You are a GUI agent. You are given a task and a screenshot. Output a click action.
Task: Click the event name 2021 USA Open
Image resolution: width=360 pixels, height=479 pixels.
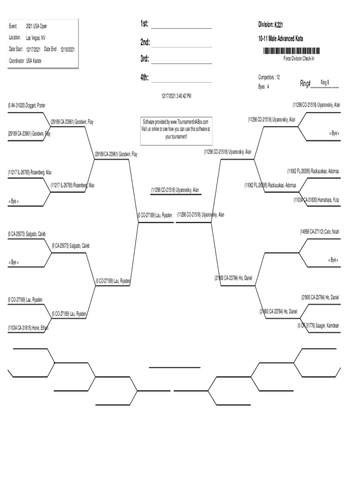point(36,26)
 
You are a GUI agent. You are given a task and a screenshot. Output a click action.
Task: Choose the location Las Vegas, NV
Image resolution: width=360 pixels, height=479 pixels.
point(36,37)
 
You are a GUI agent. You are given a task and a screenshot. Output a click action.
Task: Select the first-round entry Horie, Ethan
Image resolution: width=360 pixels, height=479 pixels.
point(28,327)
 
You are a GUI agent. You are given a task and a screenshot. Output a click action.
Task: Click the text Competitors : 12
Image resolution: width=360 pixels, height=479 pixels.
point(269,77)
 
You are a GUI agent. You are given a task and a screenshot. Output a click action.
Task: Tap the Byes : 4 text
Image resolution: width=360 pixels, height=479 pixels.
point(264,87)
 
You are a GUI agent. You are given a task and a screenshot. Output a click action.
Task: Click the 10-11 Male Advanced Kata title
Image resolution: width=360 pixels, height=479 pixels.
point(281,39)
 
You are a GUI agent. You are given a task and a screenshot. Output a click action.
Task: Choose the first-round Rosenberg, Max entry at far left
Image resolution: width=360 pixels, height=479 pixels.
point(29,173)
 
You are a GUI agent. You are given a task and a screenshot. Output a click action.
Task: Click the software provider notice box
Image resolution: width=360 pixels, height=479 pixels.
point(176,129)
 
